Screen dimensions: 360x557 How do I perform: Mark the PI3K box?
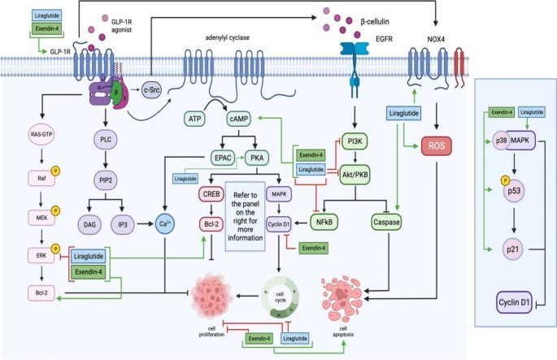[x=356, y=140]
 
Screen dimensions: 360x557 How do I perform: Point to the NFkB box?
[x=334, y=219]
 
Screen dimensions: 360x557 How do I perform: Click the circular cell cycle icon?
[x=286, y=298]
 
